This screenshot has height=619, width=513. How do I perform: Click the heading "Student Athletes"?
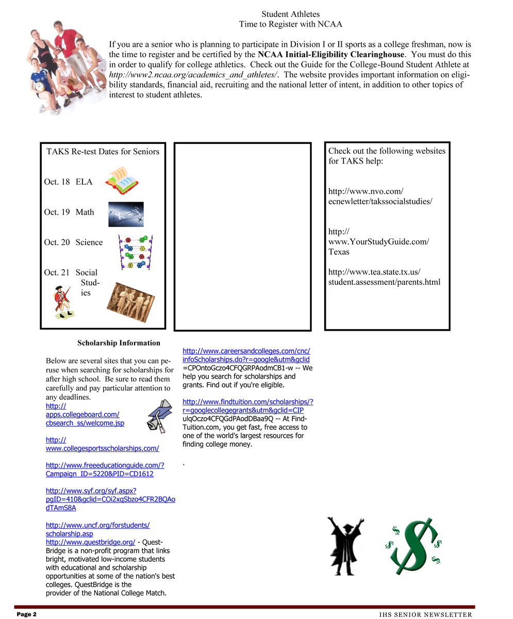click(290, 14)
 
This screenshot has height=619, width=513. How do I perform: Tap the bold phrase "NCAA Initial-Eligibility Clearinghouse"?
click(332, 54)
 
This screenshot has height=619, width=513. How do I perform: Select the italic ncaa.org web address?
click(192, 75)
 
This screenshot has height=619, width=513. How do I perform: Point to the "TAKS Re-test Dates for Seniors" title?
click(103, 151)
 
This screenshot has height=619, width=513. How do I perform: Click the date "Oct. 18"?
click(57, 182)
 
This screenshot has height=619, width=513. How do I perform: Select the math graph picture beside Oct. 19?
click(126, 214)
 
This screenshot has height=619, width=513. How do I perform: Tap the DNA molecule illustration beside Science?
click(135, 252)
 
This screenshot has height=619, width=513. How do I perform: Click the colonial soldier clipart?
click(64, 302)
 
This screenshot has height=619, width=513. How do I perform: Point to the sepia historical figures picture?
click(130, 302)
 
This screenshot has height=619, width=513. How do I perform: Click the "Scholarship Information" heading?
click(119, 343)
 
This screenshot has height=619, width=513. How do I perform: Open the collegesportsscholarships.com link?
click(102, 448)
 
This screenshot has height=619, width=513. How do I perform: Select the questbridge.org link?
click(90, 542)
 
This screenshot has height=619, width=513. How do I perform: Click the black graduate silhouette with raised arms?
click(345, 546)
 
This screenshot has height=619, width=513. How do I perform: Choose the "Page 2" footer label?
click(27, 614)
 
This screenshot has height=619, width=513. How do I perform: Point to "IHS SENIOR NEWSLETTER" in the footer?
click(425, 614)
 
